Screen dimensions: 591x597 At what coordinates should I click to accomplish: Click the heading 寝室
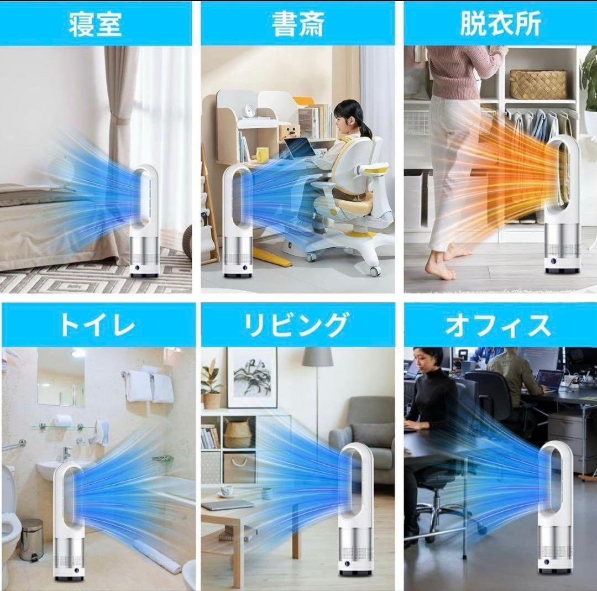[95, 24]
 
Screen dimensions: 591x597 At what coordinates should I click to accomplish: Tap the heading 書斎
[297, 24]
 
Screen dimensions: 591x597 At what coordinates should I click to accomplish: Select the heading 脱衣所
[500, 24]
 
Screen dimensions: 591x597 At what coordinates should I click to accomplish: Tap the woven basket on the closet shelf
[537, 84]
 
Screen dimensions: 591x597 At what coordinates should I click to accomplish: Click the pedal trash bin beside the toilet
[32, 540]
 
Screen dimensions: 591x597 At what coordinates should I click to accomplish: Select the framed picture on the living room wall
[252, 377]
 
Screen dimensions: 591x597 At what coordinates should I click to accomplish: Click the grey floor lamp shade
[317, 358]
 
